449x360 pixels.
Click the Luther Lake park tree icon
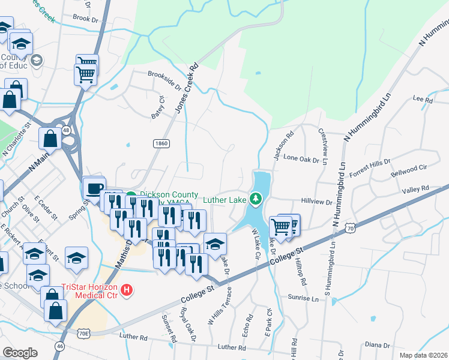[256, 198]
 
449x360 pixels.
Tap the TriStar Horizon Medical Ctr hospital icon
[127, 291]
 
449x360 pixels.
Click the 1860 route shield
[161, 143]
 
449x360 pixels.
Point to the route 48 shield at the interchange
[66, 130]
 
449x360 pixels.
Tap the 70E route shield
[83, 332]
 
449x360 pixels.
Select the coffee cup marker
[94, 188]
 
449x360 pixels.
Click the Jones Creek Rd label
[187, 89]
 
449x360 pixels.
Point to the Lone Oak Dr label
[300, 158]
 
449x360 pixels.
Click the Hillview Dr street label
[316, 203]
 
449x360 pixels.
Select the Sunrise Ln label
[303, 298]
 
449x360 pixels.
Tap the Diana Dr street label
[378, 345]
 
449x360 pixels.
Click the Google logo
[20, 352]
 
